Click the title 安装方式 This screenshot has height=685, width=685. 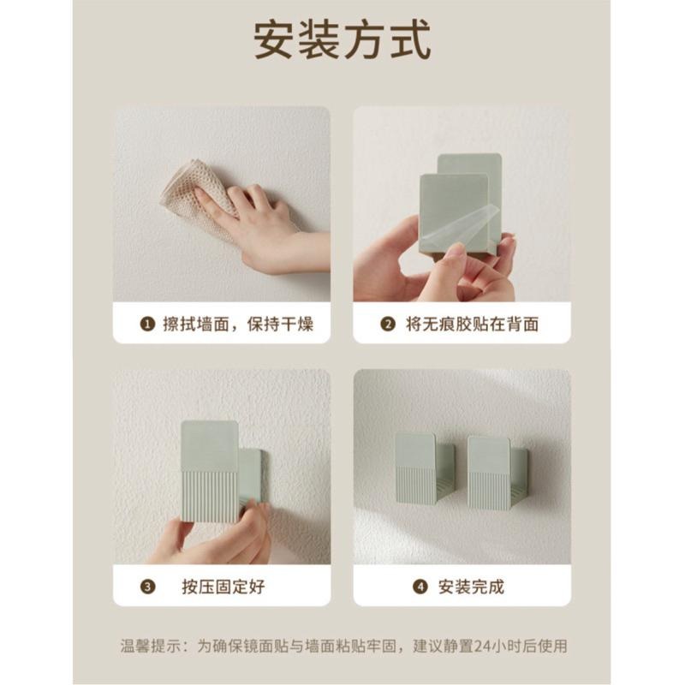pos(342,41)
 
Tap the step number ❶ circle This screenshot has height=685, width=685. pos(148,325)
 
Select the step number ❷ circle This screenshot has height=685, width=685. pos(388,325)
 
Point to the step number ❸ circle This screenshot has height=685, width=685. pos(148,587)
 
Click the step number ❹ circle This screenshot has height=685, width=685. pos(420,587)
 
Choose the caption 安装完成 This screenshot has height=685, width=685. pos(472,587)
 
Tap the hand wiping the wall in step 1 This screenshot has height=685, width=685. pos(257,231)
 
